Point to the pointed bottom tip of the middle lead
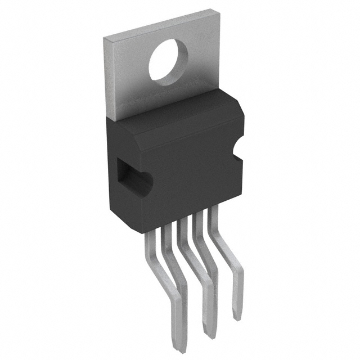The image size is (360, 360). pyautogui.click(x=208, y=336)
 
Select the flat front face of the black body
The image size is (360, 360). pyautogui.click(x=180, y=169)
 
